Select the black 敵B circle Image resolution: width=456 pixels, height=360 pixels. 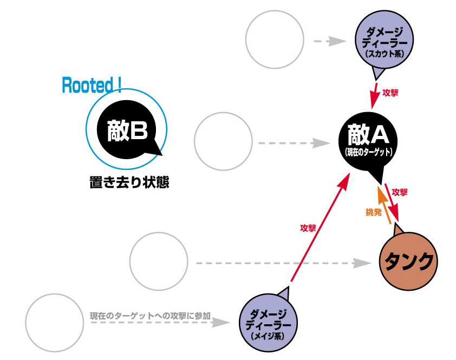coord(127,132)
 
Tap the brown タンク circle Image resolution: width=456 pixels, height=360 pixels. coord(409,261)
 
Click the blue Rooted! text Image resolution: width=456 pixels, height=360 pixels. coord(92,84)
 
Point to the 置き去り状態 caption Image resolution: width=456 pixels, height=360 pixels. coord(129,183)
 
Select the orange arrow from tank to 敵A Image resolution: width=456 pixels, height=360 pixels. coord(384,205)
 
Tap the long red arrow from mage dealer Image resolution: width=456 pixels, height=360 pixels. coord(320,230)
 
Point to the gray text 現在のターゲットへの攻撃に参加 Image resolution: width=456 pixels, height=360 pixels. coord(150,315)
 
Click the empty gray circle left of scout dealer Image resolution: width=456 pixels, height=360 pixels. coord(274,40)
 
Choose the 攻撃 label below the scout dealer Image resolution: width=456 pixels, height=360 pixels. coord(390,93)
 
